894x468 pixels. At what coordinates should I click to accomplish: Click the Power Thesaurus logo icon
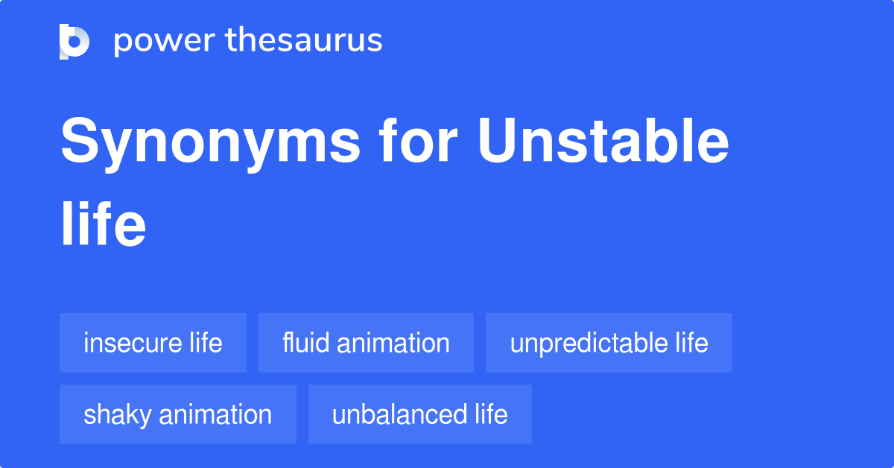pos(74,41)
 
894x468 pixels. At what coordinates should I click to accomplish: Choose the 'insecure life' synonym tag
pos(153,343)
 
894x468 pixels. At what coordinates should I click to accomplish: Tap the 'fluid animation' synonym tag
pos(366,343)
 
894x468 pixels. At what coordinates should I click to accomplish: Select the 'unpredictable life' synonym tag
pos(609,343)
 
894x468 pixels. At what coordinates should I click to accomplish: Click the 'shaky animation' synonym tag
pos(177,414)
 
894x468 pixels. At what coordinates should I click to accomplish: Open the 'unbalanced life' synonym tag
pos(419,414)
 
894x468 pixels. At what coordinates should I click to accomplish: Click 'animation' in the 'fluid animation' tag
pos(393,343)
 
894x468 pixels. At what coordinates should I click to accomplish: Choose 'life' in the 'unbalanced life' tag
pos(491,414)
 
